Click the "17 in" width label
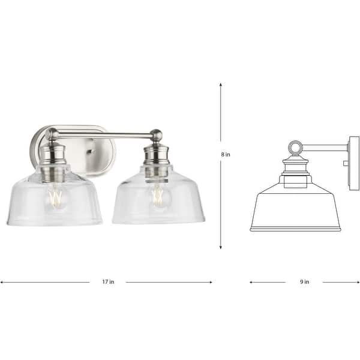[108, 282]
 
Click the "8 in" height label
[226, 154]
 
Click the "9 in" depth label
[304, 281]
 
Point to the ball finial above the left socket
[52, 134]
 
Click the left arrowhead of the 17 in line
[2, 282]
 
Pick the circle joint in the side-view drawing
[295, 148]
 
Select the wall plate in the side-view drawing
[353, 162]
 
